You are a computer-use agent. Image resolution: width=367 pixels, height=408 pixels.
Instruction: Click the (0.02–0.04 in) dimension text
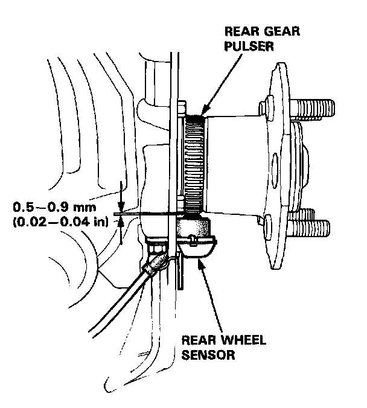60,222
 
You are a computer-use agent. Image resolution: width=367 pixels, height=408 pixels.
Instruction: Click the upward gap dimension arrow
123,223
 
